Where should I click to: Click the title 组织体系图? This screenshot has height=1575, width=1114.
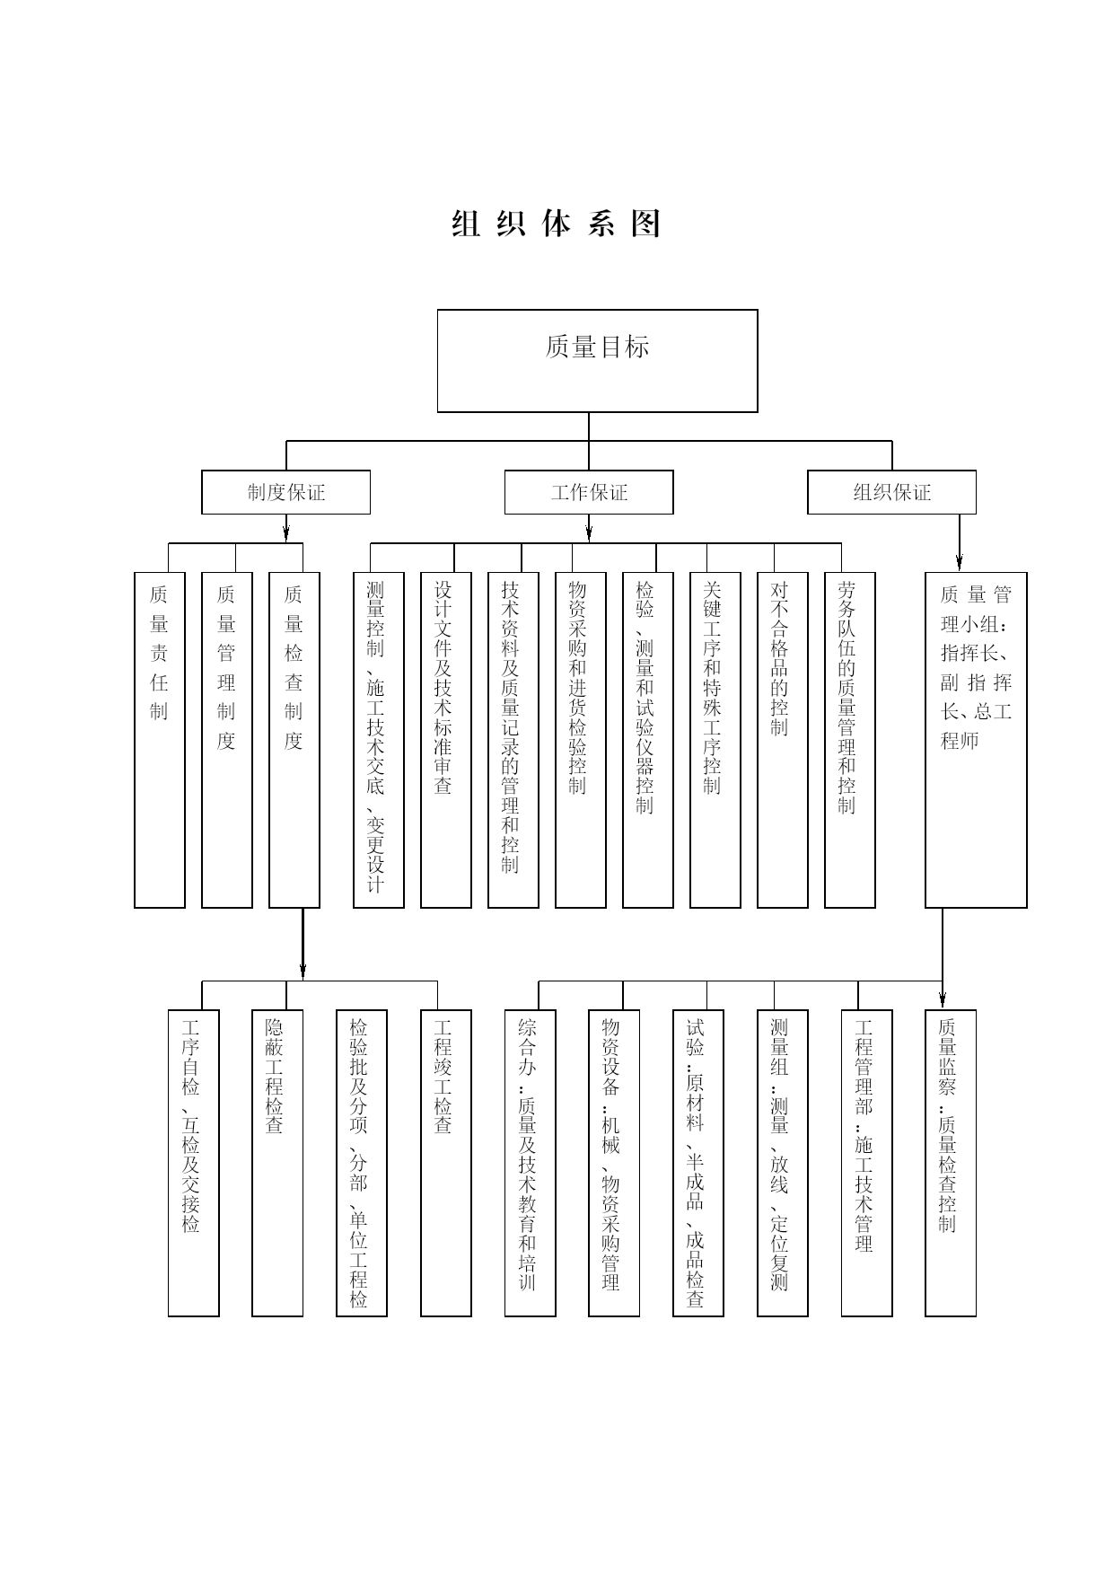pos(557,224)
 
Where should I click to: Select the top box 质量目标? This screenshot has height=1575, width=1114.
pos(597,361)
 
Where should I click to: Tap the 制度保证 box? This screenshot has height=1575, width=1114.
pos(285,492)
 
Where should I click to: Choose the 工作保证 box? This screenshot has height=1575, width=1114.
pos(589,492)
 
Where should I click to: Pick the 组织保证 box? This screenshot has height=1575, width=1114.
pos(891,492)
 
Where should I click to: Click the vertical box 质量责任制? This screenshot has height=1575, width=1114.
pos(160,740)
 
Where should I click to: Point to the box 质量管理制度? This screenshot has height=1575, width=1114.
pos(227,740)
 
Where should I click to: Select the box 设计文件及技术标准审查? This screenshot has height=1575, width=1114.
pos(446,740)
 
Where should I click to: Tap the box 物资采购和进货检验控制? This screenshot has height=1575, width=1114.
pos(581,740)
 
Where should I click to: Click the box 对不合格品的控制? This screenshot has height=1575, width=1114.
pos(783,740)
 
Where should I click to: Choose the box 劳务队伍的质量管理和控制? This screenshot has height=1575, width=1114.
pos(850,740)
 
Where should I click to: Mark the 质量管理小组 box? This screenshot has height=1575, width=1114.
pos(976,740)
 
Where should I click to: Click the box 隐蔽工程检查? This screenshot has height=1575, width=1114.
pos(277,1163)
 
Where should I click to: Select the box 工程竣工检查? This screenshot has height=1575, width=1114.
pos(446,1163)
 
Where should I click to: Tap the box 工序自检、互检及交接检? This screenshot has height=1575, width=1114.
pos(194,1163)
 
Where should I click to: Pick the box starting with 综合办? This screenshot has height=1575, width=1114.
pos(530,1163)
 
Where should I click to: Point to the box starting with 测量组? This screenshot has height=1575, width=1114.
pos(783,1163)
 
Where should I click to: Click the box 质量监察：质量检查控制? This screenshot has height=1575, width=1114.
pos(951,1163)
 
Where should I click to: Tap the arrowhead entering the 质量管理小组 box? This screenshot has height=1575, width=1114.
pos(960,563)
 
